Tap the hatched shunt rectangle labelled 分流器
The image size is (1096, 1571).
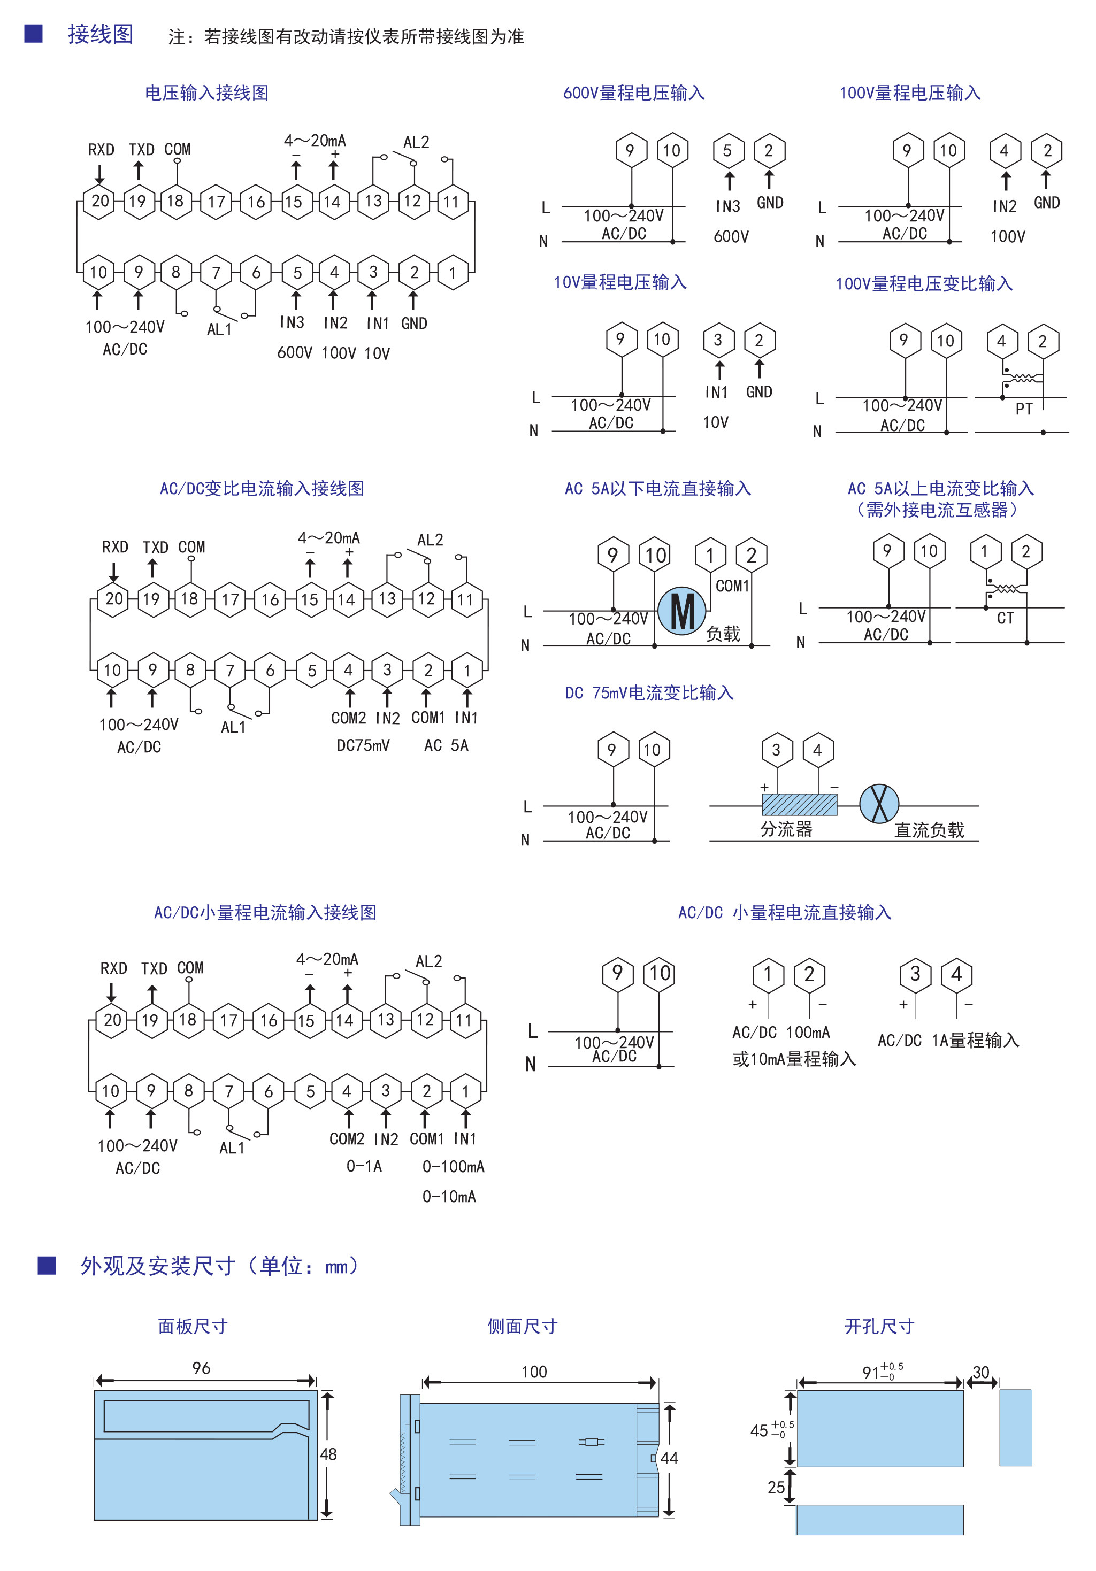pyautogui.click(x=799, y=805)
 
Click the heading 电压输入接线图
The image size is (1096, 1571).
pyautogui.click(x=207, y=93)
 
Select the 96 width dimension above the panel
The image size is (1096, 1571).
pyautogui.click(x=201, y=1368)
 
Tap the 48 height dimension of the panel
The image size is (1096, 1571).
pyautogui.click(x=328, y=1454)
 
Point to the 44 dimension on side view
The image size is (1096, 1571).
pyautogui.click(x=669, y=1458)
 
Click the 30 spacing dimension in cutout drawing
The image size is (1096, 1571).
pyautogui.click(x=981, y=1373)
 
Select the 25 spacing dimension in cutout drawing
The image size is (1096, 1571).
pyautogui.click(x=776, y=1487)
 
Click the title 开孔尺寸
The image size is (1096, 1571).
pyautogui.click(x=879, y=1327)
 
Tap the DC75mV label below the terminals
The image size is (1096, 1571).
pyautogui.click(x=363, y=745)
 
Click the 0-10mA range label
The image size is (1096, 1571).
pyautogui.click(x=449, y=1197)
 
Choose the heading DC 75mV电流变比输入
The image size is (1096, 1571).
pyautogui.click(x=649, y=693)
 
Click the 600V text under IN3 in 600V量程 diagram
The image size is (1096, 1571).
pyautogui.click(x=731, y=237)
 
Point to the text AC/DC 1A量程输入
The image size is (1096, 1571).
pyautogui.click(x=948, y=1041)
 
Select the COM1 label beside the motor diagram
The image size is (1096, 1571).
pyautogui.click(x=732, y=586)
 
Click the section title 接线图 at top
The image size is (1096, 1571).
pyautogui.click(x=100, y=34)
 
